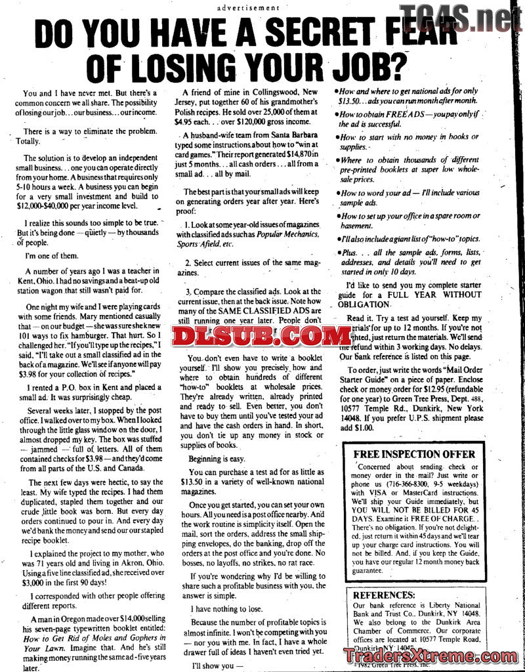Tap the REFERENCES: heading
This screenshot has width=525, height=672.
[384, 595]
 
